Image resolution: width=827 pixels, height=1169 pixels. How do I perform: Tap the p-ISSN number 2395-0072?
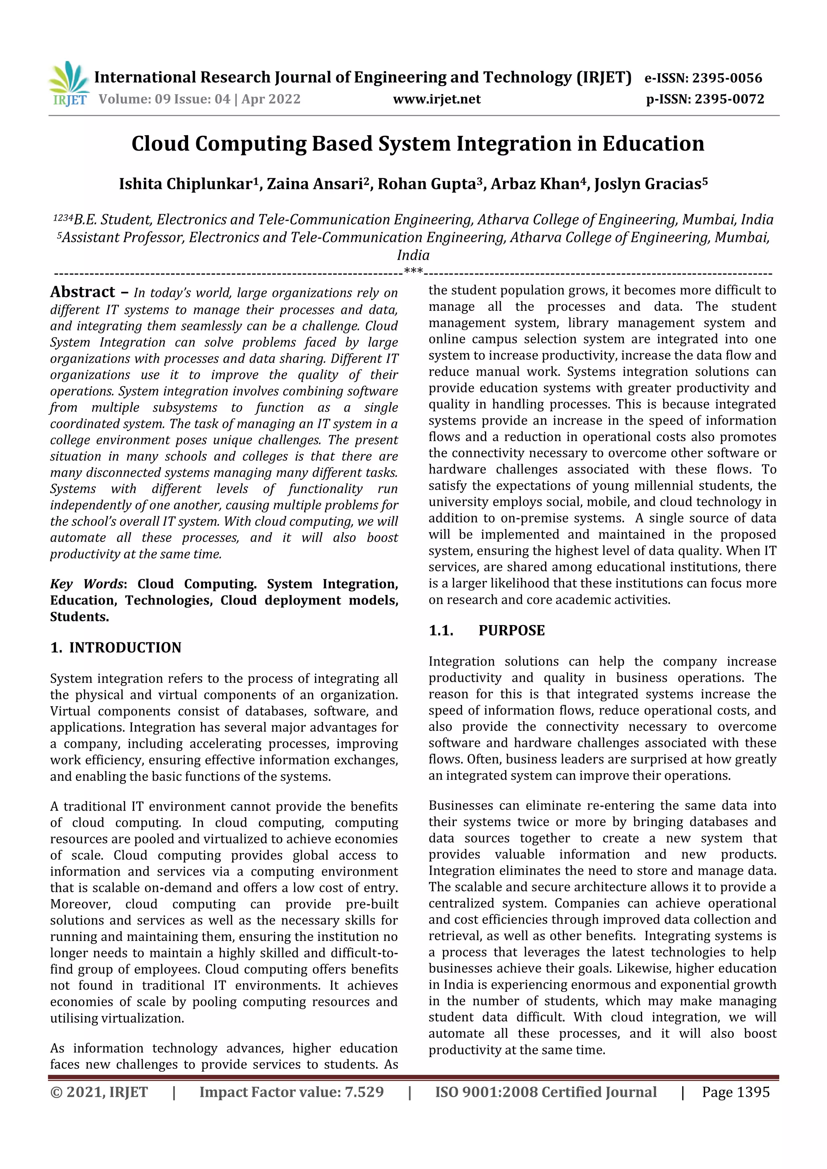[x=729, y=99]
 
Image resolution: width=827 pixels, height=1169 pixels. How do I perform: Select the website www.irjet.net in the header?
[x=437, y=99]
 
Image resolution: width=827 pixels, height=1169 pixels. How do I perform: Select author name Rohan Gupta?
[x=427, y=184]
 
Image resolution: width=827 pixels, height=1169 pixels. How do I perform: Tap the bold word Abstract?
[x=82, y=292]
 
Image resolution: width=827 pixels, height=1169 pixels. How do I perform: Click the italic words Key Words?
[x=87, y=584]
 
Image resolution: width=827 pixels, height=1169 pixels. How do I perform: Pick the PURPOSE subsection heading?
[x=511, y=630]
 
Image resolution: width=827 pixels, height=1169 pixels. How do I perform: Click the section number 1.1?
[x=441, y=630]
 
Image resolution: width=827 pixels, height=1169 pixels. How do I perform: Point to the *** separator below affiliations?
[x=413, y=271]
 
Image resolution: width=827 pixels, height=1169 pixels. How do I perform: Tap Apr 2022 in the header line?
[x=271, y=99]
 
